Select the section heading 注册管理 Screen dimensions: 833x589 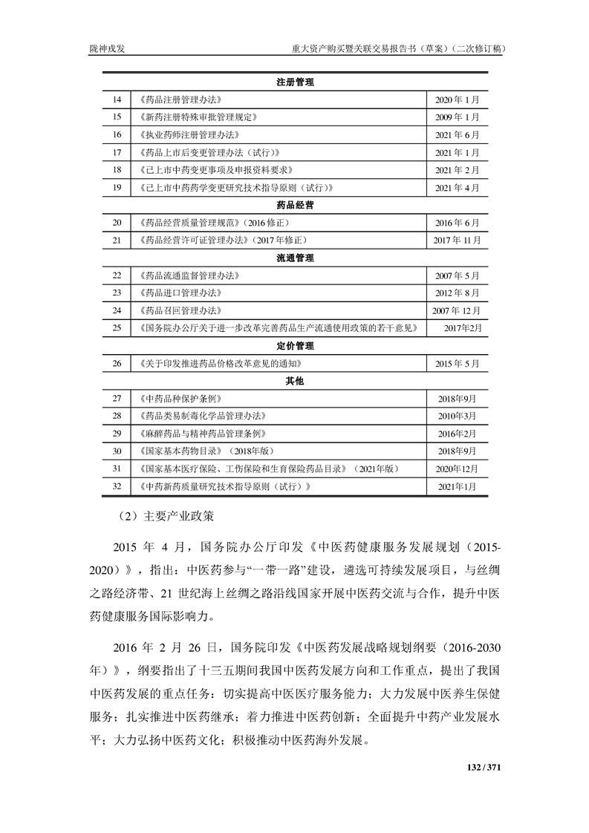pos(294,82)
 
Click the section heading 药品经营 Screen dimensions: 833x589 pos(294,205)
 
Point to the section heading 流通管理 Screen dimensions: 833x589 pos(294,258)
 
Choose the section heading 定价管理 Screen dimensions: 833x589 pos(294,346)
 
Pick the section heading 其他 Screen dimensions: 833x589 pos(294,381)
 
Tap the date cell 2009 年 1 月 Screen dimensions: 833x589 pos(457,117)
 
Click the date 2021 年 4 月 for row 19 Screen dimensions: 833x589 pos(457,188)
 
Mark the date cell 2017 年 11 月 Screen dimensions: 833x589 pos(457,241)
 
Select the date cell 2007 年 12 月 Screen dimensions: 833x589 pos(457,310)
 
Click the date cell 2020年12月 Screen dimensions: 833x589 pos(457,469)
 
